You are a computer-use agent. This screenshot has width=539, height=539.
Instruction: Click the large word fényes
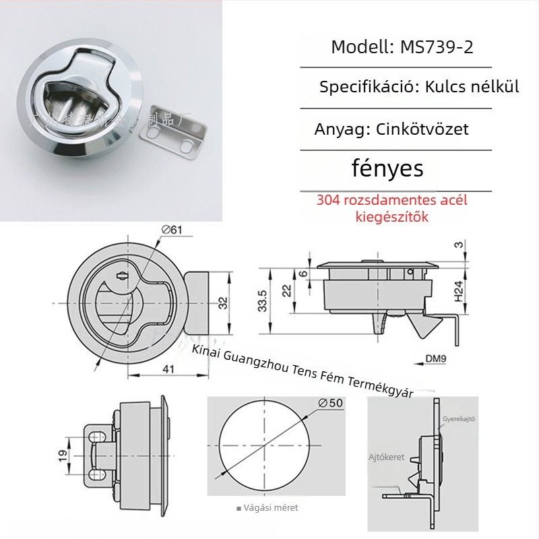[387, 168]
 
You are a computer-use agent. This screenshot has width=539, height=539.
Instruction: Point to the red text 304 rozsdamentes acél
[392, 200]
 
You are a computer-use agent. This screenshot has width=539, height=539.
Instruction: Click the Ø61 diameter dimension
[172, 230]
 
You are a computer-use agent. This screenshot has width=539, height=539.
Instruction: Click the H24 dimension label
[459, 290]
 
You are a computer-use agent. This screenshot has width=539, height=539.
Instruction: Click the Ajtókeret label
[386, 457]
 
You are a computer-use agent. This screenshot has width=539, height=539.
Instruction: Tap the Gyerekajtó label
[459, 418]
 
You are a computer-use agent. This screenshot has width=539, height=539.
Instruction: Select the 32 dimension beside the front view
[223, 303]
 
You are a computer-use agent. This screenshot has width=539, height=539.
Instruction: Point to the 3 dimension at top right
[459, 245]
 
